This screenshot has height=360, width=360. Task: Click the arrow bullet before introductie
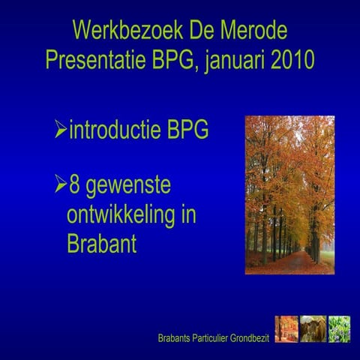point(61,130)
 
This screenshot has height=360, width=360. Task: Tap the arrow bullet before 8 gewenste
point(61,183)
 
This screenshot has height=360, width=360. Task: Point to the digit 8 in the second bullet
point(74,184)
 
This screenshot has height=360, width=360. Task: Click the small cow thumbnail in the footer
point(312,329)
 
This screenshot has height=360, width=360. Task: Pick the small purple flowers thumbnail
point(338,329)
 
